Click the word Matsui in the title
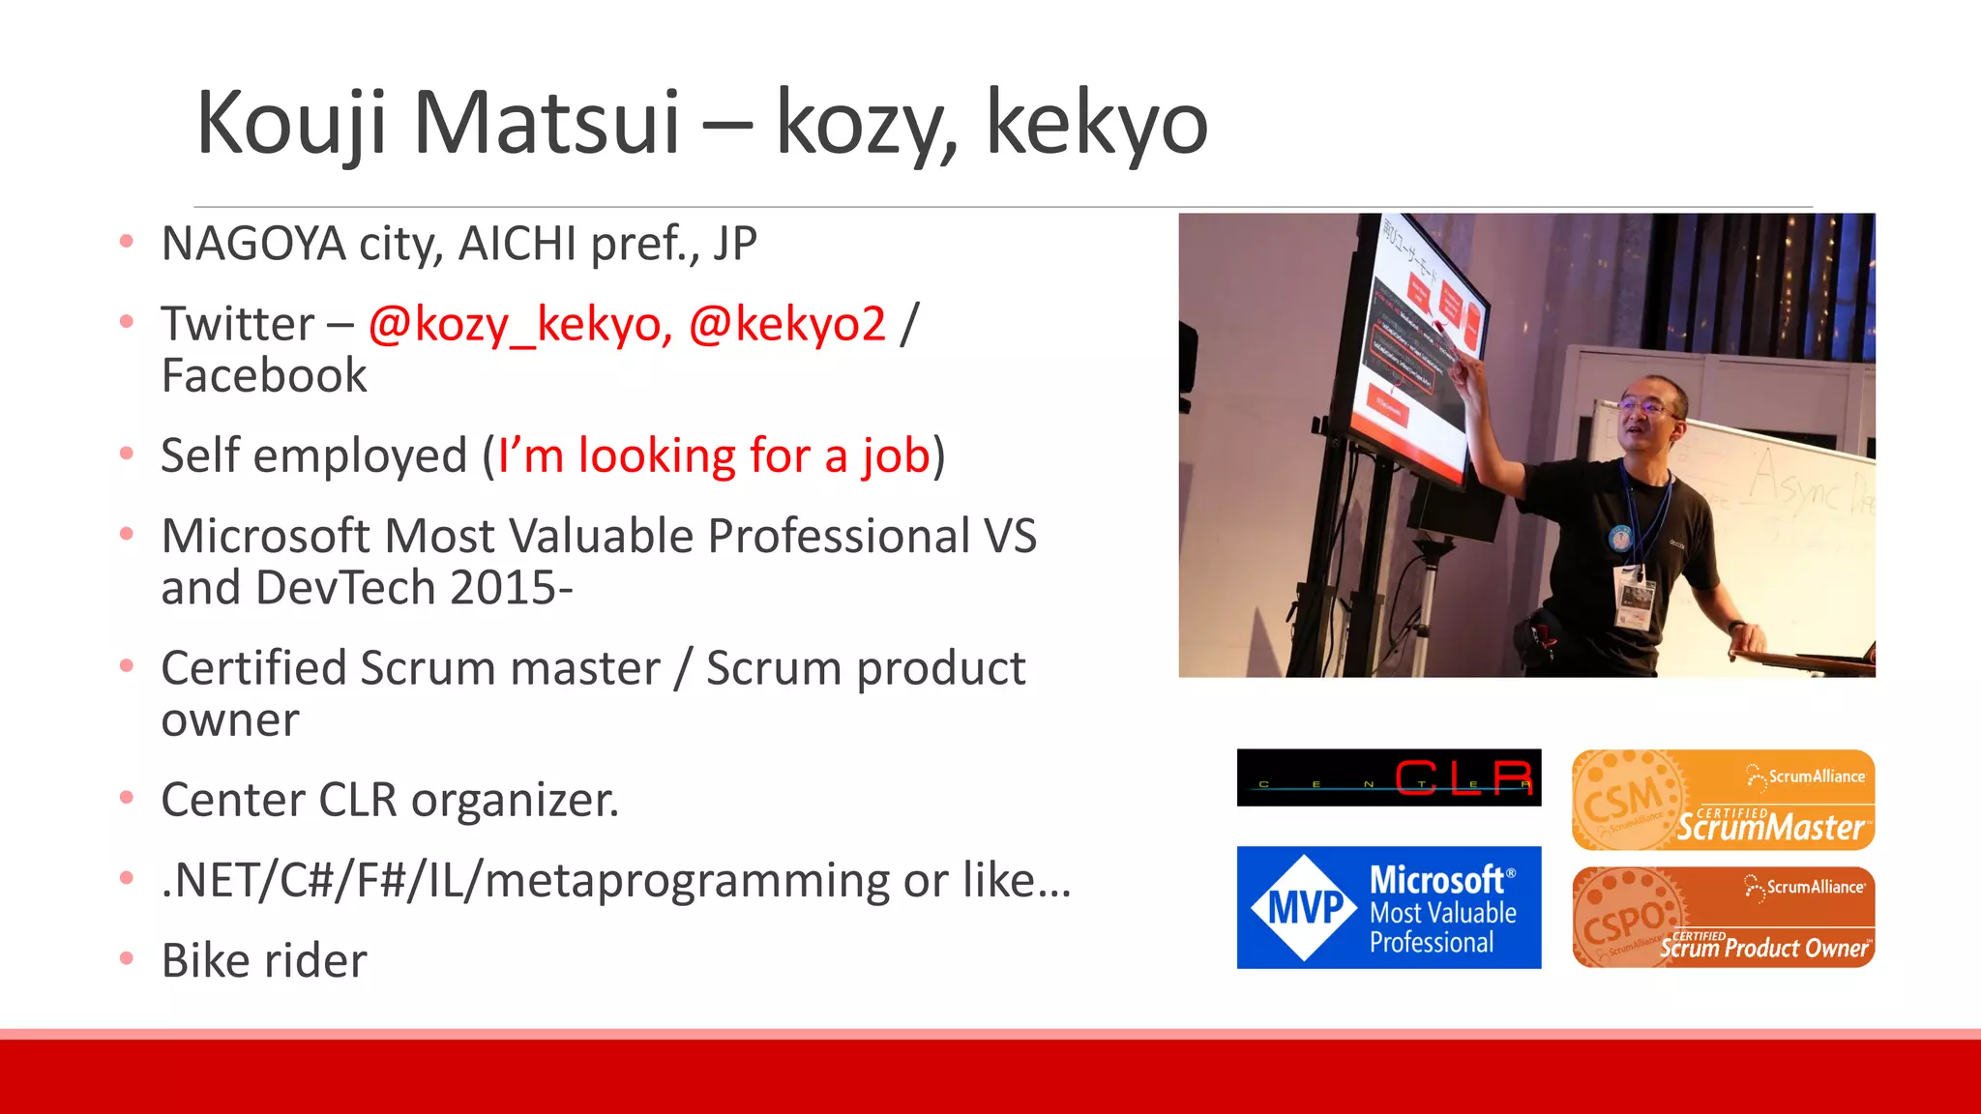coord(547,123)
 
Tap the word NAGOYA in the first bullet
coord(253,244)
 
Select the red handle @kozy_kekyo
coord(519,324)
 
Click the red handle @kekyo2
coord(786,324)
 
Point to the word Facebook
coord(264,375)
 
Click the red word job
coord(895,455)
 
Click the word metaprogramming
coord(686,881)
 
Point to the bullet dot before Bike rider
coord(126,959)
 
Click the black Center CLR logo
coord(1388,777)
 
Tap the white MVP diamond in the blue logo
coord(1304,908)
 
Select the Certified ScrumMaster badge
coord(1723,801)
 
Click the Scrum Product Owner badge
coord(1723,918)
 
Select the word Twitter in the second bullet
coord(238,324)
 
